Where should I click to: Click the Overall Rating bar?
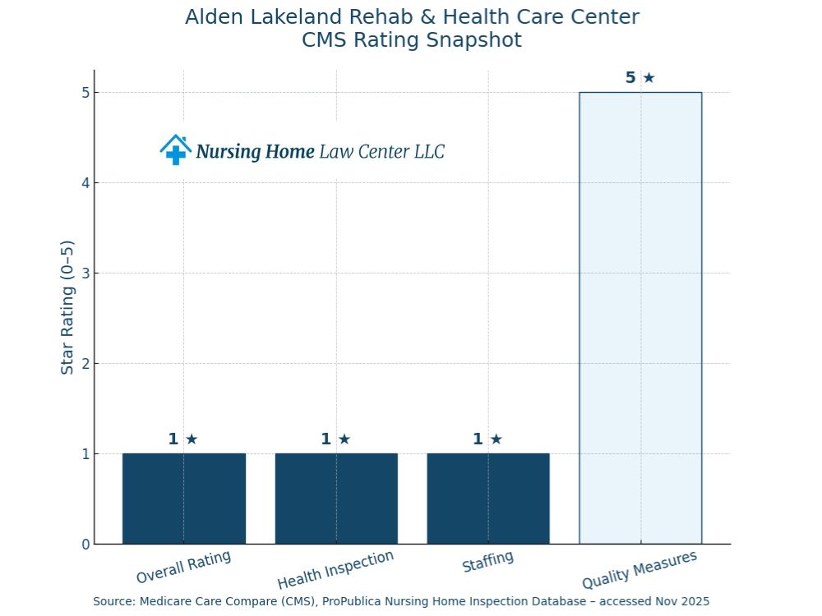click(x=184, y=499)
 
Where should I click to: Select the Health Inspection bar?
click(x=336, y=499)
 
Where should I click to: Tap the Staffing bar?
click(x=488, y=499)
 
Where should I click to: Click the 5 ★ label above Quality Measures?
click(x=640, y=78)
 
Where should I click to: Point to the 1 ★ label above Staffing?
click(x=487, y=439)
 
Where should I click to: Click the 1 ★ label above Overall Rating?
click(x=183, y=439)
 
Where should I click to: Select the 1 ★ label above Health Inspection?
click(x=335, y=439)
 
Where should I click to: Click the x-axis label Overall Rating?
click(x=183, y=567)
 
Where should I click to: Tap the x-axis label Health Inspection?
click(x=335, y=570)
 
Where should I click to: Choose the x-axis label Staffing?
click(x=487, y=563)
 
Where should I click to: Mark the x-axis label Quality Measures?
click(x=640, y=570)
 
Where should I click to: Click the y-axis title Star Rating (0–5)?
click(x=67, y=307)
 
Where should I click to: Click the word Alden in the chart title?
click(x=213, y=16)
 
